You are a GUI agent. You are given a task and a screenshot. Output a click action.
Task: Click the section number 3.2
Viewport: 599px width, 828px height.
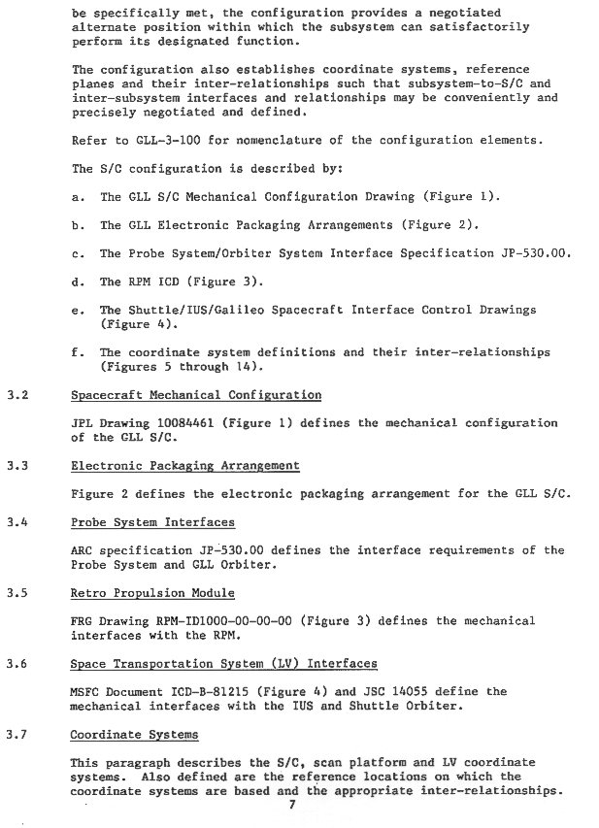point(13,395)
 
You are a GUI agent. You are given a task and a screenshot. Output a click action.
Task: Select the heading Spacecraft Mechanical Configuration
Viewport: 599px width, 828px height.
point(195,395)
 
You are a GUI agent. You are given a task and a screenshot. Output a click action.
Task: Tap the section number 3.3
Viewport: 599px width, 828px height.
point(13,466)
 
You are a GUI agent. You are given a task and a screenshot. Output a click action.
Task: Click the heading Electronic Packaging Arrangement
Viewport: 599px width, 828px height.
point(184,466)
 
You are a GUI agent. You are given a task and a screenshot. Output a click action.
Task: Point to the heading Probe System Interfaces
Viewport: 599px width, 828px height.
point(152,522)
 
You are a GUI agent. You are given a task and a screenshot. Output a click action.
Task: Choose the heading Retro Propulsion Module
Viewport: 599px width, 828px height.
point(152,593)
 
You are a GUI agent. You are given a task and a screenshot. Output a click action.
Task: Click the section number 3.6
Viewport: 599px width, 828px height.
point(13,664)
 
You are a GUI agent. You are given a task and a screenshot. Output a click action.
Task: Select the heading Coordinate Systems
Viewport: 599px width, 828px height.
point(134,735)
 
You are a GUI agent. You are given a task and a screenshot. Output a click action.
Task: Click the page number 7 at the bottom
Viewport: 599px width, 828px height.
point(290,805)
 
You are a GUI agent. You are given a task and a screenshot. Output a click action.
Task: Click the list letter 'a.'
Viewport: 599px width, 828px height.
point(77,197)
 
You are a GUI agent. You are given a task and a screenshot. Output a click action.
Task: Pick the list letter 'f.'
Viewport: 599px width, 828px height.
point(77,352)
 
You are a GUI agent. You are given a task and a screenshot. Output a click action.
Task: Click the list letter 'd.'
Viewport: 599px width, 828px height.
point(77,282)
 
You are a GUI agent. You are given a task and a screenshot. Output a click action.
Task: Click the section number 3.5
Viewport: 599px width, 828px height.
point(13,593)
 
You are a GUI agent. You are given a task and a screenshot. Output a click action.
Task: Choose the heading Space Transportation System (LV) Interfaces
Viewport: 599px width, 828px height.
point(223,664)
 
